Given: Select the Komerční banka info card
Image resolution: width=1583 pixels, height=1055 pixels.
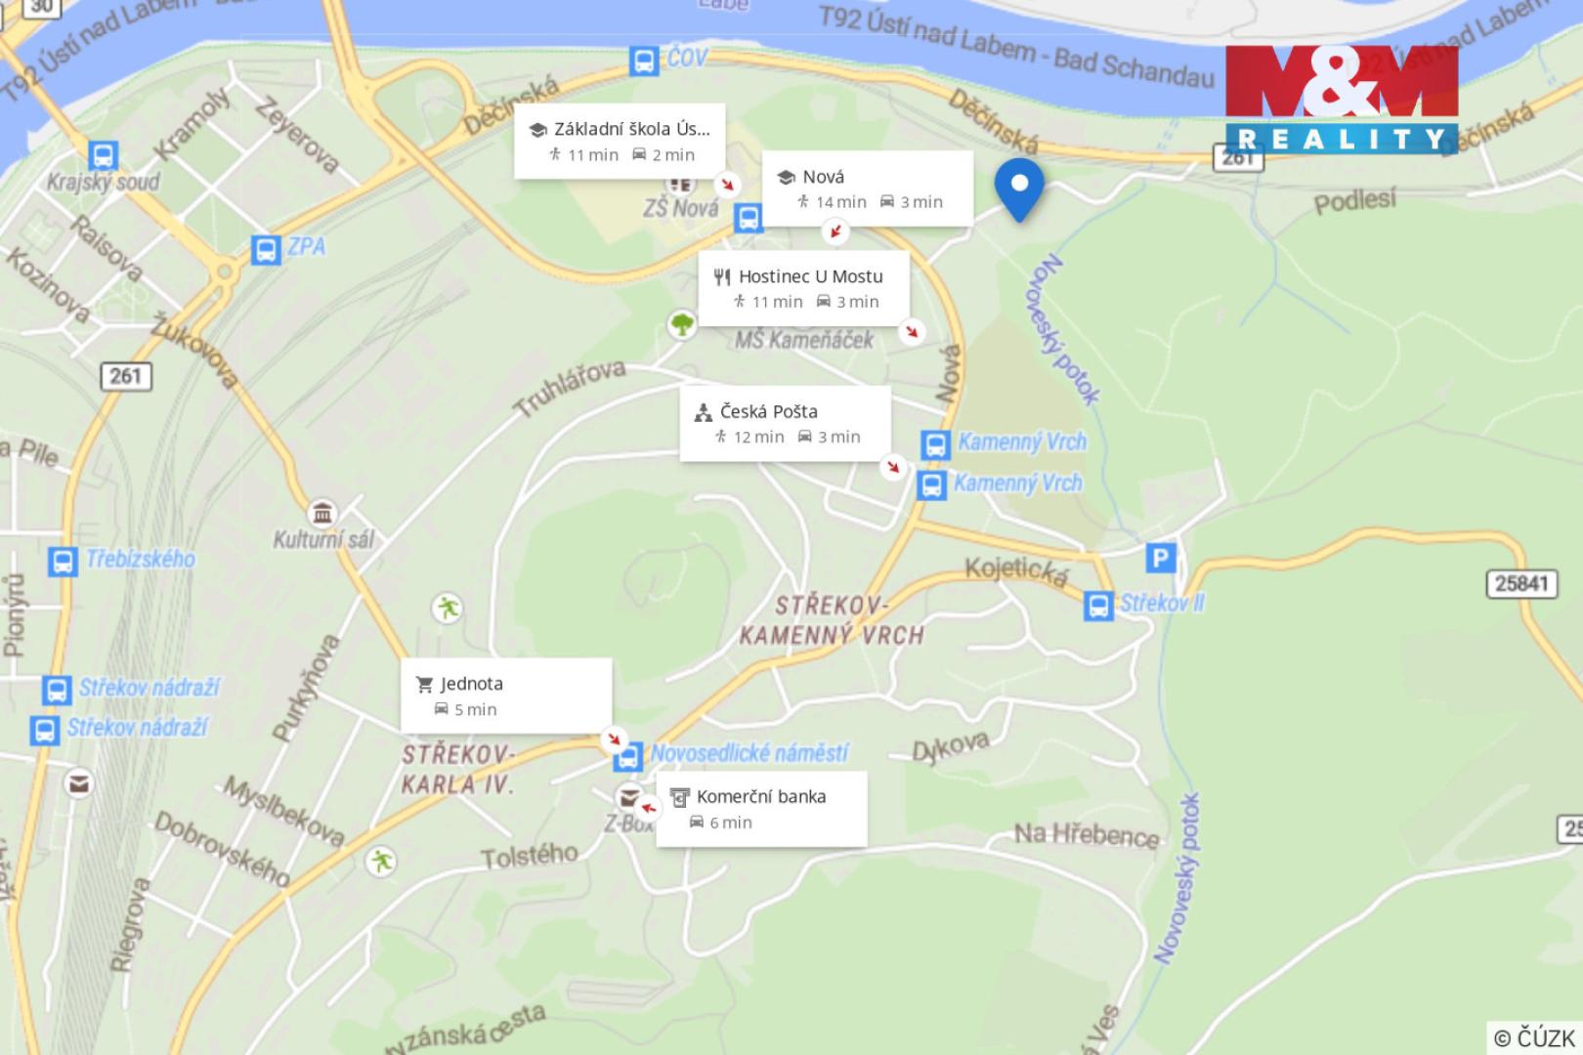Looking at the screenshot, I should [761, 809].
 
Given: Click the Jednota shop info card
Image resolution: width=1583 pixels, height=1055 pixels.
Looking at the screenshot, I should [506, 696].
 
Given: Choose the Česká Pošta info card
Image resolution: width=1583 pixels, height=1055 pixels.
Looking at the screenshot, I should [786, 423].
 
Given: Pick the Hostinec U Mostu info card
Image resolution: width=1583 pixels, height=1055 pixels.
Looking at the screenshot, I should [804, 288].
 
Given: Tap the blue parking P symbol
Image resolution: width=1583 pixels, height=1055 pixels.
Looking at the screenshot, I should [1160, 559].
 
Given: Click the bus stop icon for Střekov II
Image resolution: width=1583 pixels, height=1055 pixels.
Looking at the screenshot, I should [1098, 605].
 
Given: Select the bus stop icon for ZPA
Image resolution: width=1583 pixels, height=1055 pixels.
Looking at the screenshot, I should [266, 249].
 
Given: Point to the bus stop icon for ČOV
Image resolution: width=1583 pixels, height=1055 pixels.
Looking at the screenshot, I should [643, 62].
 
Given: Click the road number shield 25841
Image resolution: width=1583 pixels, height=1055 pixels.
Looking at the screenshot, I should [1521, 583].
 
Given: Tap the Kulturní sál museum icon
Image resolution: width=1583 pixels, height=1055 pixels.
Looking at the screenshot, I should [321, 513].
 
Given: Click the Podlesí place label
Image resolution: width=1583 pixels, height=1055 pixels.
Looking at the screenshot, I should [1354, 202].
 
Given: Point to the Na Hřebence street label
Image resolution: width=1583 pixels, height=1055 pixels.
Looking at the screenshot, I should [1086, 834].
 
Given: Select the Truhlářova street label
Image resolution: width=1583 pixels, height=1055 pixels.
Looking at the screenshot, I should [571, 387].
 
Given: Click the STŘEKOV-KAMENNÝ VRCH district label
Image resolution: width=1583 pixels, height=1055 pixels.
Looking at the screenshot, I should [832, 620].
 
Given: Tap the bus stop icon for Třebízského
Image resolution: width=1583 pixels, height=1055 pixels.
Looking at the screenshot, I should [63, 561].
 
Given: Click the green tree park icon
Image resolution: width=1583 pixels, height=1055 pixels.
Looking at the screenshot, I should [682, 323].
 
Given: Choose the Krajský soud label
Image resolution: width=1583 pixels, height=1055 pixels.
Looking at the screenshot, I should [103, 182].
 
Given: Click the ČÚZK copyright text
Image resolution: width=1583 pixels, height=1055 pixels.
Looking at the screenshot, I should [1534, 1037].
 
